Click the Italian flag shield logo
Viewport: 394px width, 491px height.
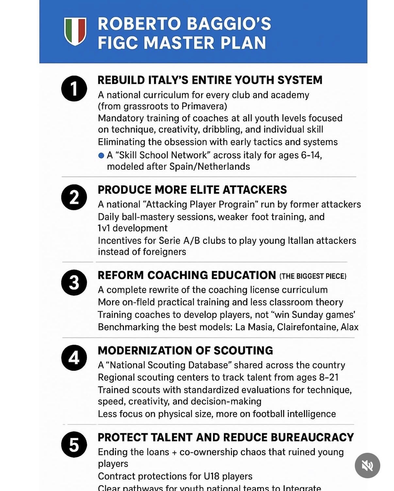coord(75,31)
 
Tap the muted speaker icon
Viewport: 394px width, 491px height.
coord(367,465)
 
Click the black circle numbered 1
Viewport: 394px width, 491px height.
coord(74,89)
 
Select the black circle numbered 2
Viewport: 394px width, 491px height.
coord(74,197)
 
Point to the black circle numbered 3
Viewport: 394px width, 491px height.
coord(74,283)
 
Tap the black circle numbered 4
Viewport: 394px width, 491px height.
coord(74,358)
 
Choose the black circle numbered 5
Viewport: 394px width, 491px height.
coord(74,445)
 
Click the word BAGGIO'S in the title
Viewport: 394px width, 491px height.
coord(229,24)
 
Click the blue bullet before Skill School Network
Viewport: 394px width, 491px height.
coord(101,155)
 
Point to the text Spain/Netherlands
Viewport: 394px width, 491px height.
coord(209,167)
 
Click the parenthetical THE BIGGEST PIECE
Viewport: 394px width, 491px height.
coord(313,276)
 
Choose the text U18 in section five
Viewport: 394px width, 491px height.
coord(211,476)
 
